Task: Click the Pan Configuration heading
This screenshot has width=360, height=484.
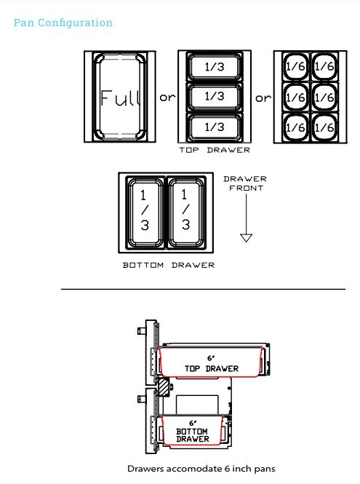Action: (63, 23)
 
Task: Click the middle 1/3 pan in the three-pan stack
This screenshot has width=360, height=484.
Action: (214, 97)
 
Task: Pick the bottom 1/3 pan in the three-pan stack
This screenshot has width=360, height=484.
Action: (214, 126)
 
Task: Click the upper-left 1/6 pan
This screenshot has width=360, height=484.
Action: (295, 67)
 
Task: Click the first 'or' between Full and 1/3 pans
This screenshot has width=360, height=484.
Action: (167, 98)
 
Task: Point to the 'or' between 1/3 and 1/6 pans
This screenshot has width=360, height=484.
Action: (261, 98)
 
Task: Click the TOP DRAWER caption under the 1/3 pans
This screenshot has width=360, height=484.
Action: (214, 150)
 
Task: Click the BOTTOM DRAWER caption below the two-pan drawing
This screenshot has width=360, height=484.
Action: (169, 265)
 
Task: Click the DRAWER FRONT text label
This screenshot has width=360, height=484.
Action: (245, 183)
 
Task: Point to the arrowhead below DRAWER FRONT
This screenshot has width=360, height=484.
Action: (246, 237)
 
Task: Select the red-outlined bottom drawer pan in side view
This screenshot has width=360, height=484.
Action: (192, 432)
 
